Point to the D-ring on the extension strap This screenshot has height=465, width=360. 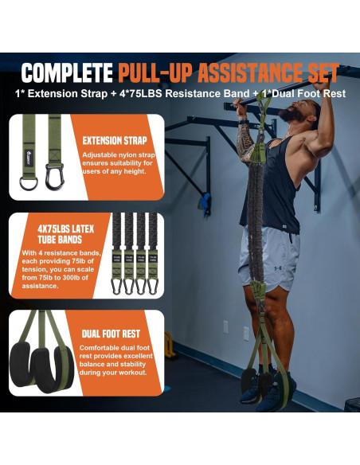click(x=27, y=185)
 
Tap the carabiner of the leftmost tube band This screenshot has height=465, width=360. click(x=116, y=285)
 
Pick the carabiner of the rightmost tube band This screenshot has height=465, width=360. click(x=153, y=285)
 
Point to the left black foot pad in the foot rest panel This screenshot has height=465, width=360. click(x=29, y=373)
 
